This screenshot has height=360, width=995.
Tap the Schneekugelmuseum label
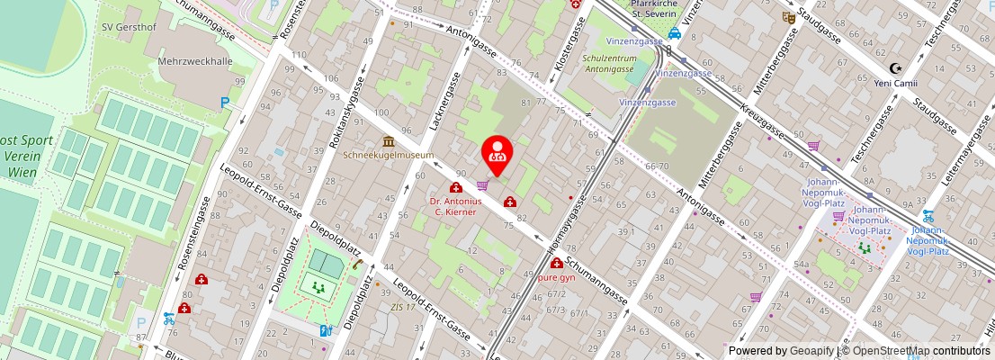point(388,155)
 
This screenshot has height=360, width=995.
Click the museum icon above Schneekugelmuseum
point(389,141)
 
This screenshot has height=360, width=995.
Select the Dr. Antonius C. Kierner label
point(455,206)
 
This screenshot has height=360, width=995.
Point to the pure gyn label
point(556,277)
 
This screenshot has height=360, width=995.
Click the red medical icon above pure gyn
point(557,264)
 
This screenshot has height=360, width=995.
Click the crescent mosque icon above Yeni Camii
point(894,68)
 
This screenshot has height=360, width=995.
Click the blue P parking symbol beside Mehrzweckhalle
point(224,103)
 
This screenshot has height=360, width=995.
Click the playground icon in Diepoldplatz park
point(317,287)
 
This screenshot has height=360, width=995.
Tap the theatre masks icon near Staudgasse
point(788,16)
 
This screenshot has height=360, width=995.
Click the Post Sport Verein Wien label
point(27,157)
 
